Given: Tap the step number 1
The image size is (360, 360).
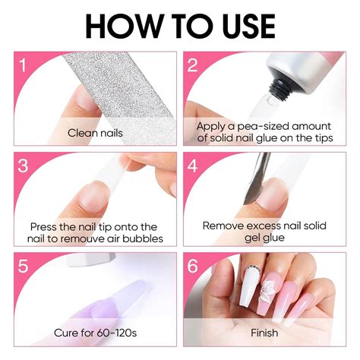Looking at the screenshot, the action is pos(23,65).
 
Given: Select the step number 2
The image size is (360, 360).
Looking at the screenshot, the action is pos(192,65).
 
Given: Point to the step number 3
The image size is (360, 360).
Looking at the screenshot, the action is pos(23,166).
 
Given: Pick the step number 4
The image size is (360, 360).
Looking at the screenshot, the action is pos(192,166).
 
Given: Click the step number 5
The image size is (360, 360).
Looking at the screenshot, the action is pos(23,266).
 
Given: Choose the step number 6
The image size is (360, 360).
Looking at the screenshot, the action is pos(192,266).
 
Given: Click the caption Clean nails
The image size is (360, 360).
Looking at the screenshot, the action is pos(95,133).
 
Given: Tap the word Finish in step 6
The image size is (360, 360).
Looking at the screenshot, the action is pos(264,333).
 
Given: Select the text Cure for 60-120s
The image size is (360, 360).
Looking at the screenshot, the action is pos(95,333).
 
